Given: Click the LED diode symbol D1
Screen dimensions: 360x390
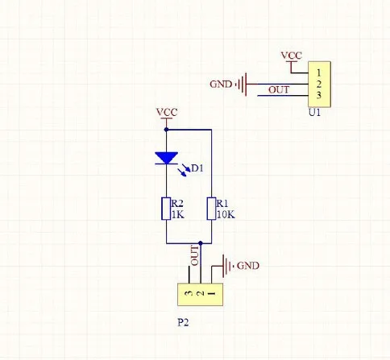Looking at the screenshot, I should pos(166,158).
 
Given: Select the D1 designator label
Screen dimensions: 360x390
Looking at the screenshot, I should pos(197,168).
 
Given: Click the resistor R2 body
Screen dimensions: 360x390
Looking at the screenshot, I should pos(165,209).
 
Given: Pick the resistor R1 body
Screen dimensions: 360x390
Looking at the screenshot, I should pos(210,209).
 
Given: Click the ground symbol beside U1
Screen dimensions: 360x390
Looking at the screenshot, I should pos(244,83).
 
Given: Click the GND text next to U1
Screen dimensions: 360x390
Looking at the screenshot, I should pos(221,83).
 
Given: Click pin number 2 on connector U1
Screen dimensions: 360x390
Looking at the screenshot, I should pos(320,83).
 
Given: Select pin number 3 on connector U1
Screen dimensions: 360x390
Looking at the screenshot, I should pos(320,95).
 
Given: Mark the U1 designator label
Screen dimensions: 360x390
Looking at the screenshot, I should pos(315,114).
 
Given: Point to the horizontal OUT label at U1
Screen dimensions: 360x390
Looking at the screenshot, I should pos(278,89).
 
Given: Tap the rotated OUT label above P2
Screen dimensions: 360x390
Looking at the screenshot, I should pos(194,255).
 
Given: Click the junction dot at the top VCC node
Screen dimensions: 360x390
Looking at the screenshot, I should pos(166,128).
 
